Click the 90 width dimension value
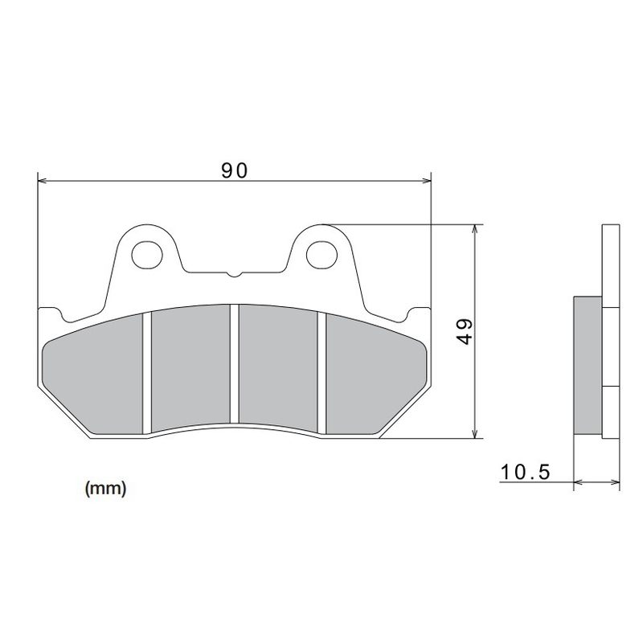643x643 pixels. tap(233, 170)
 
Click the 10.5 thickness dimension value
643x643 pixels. tap(524, 472)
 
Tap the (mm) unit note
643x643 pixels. tap(104, 487)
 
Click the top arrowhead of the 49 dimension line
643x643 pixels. tap(477, 229)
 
